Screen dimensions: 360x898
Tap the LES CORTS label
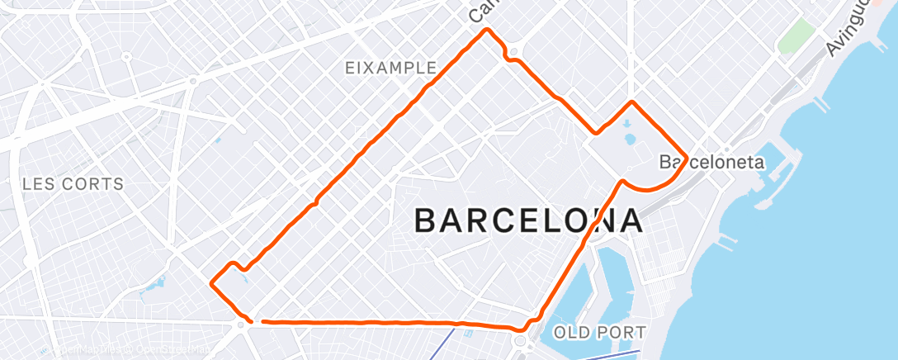(x=73, y=183)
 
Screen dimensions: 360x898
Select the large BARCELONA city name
(x=529, y=221)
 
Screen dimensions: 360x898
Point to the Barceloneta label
(x=713, y=163)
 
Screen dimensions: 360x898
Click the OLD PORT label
(x=599, y=332)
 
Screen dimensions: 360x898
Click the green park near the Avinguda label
(x=796, y=36)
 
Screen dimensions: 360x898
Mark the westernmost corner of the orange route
(x=212, y=283)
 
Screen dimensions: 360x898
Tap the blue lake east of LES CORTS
(x=153, y=288)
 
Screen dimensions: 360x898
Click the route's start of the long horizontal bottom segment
(x=261, y=321)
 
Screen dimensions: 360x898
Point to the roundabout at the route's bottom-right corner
(x=522, y=341)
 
